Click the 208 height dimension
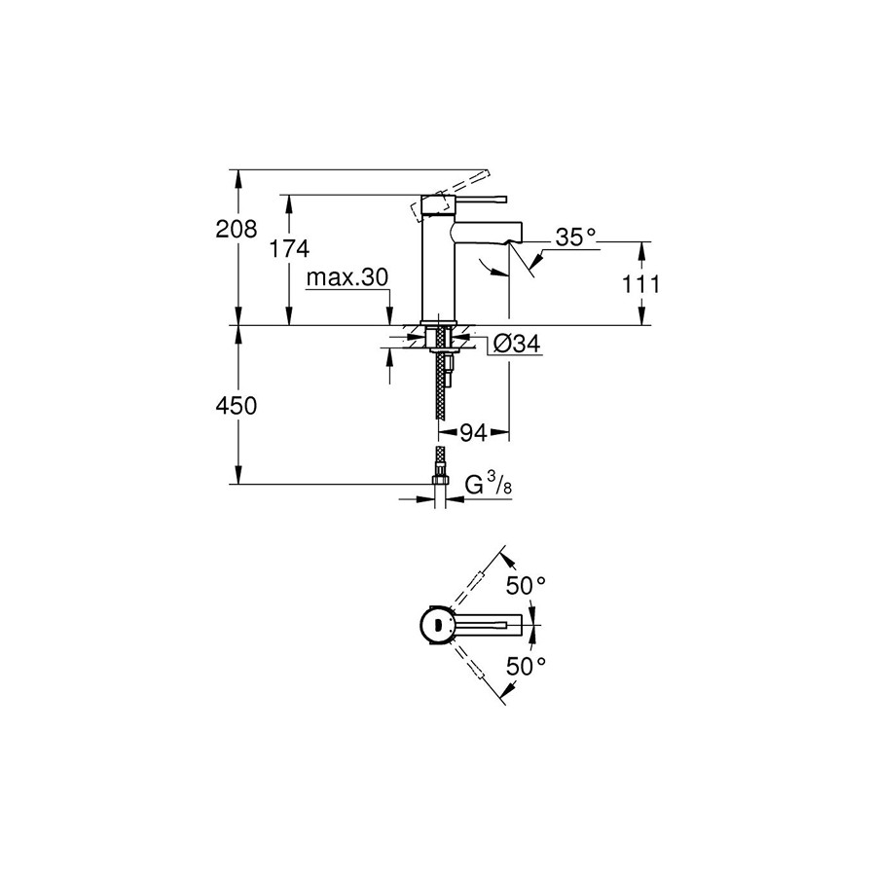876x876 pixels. pos(237,229)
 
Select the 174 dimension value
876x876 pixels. pos(289,248)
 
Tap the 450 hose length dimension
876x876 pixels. pos(237,406)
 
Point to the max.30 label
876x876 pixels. pos(347,277)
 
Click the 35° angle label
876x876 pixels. pos(576,237)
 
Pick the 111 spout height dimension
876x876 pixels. pos(641,284)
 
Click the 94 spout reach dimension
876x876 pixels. pos(473,432)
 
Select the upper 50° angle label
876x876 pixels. pos(526,586)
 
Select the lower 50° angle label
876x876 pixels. pos(526,666)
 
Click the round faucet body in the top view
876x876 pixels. pos(437,626)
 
